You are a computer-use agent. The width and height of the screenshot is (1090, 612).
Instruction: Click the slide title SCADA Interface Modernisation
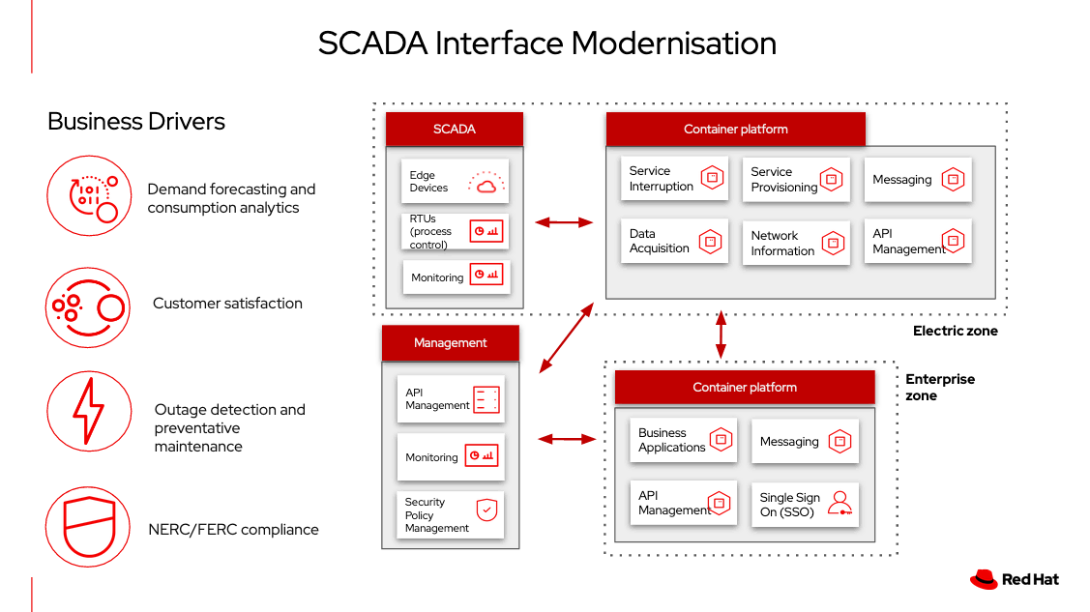coord(546,44)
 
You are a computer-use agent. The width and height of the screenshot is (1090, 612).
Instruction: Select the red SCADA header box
coord(454,129)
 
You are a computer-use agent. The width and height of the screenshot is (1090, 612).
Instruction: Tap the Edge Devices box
coord(455,182)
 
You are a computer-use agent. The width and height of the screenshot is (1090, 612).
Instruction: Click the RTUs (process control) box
coord(455,232)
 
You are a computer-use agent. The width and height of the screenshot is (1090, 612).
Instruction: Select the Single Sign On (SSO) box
coord(805,505)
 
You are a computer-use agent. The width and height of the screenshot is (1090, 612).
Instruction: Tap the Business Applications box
coord(684,440)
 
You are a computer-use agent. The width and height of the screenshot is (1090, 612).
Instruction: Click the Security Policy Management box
coord(451,515)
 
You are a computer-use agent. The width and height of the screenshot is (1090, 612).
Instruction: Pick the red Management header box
coord(450,342)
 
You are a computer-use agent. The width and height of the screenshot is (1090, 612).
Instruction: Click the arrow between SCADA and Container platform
coord(564,222)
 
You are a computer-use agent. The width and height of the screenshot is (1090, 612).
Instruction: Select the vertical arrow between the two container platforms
coord(720,335)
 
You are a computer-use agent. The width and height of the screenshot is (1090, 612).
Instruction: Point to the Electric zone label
coord(955,331)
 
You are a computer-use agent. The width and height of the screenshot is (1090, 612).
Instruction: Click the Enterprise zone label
coord(939,387)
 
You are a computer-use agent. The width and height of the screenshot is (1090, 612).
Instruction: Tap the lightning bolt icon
coord(88,411)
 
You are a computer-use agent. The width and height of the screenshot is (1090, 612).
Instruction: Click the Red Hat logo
coord(1015,579)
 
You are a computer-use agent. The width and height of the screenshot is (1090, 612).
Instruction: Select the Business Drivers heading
coord(136,121)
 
